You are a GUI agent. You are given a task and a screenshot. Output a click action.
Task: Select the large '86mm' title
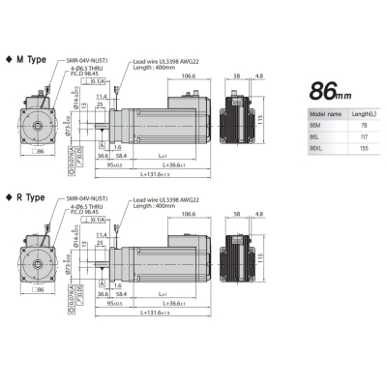pos(330,92)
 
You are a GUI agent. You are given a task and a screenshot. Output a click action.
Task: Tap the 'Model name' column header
pos(311,114)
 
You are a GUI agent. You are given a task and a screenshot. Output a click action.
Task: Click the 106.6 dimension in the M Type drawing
pos(188,77)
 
